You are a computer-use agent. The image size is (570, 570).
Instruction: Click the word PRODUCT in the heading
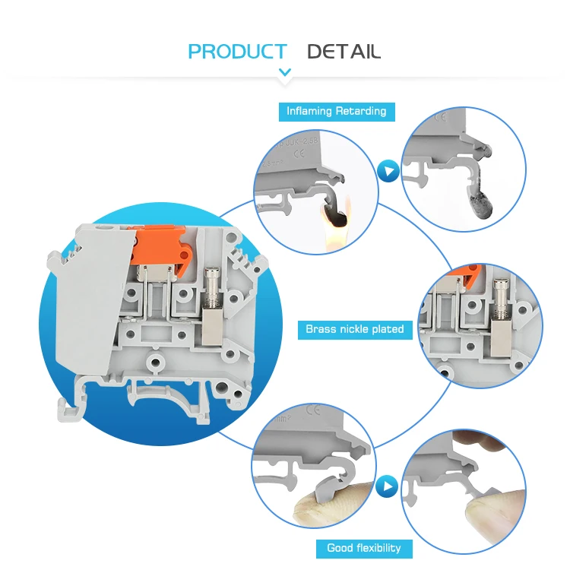(237, 52)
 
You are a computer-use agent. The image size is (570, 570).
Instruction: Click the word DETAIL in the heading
(344, 52)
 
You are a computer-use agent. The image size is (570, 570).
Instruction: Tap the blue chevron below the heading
(285, 73)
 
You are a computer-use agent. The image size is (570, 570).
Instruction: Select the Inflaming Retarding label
(336, 111)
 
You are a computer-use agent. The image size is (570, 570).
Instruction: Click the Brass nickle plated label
(354, 329)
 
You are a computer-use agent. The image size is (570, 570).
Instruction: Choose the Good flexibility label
(363, 547)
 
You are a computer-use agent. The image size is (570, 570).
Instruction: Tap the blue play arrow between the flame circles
(388, 172)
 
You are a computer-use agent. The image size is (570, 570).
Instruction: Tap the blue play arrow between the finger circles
(388, 486)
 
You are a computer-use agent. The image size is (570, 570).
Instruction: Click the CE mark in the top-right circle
(440, 117)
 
